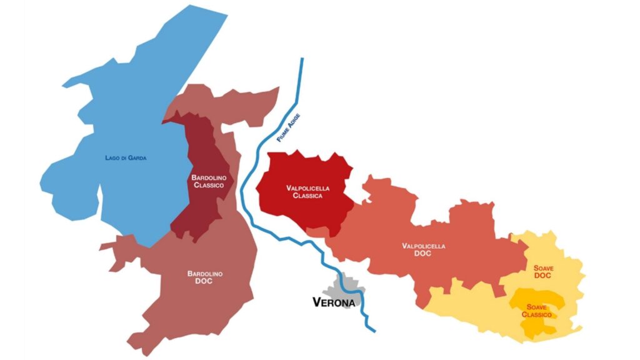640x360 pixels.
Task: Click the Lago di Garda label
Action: tap(126, 157)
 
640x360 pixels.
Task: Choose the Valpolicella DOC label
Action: tap(424, 250)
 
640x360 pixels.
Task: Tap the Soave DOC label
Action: tap(542, 272)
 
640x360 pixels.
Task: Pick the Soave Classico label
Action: tap(537, 311)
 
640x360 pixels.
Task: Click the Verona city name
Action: tap(333, 302)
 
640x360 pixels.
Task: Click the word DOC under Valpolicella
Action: tap(424, 254)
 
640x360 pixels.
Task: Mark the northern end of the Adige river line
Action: tap(302, 59)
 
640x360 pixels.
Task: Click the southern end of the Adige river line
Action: tap(374, 330)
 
